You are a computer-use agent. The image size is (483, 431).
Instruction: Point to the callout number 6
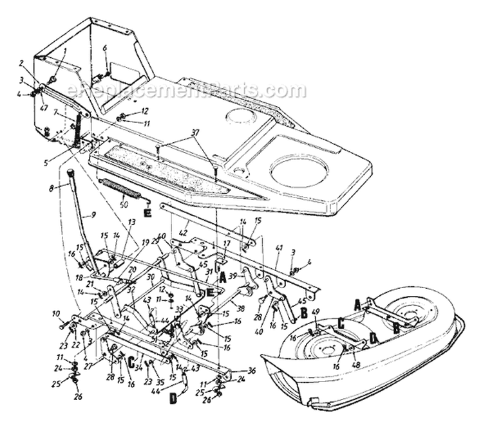(105, 48)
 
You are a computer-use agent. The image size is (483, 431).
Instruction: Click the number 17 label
(227, 243)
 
